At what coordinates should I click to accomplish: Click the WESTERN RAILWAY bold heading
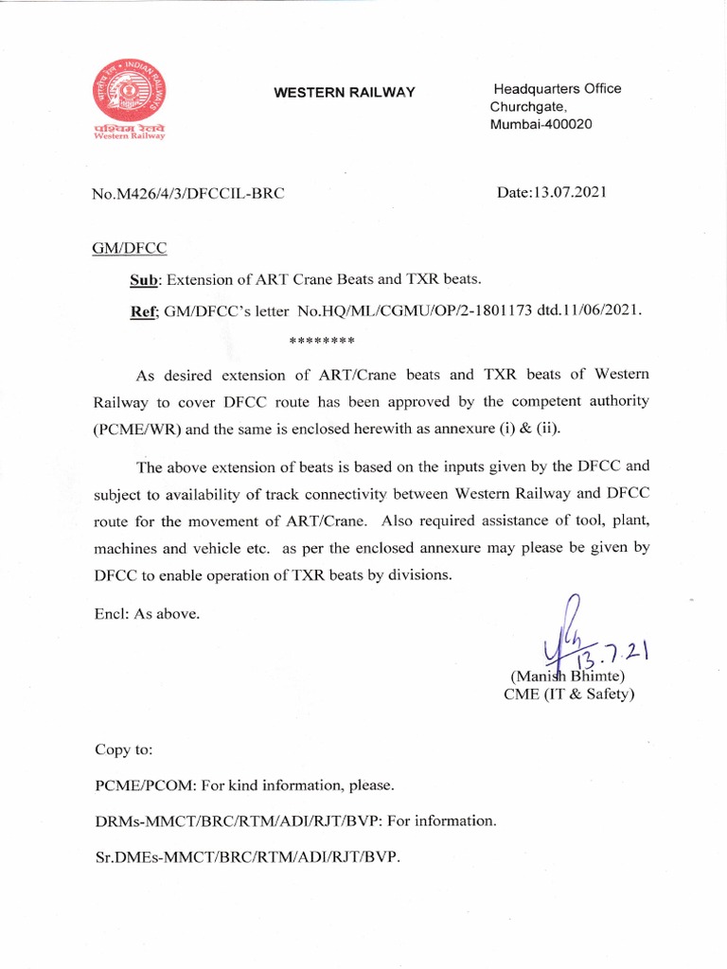coord(345,92)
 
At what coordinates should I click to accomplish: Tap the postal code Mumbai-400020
coord(541,125)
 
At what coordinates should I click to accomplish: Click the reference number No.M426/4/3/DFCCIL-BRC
coord(188,194)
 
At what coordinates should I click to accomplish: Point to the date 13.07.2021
coord(552,193)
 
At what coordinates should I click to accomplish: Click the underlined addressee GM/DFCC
coord(129,249)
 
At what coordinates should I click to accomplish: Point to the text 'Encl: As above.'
coord(147,614)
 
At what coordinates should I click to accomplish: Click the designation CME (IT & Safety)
coord(569,695)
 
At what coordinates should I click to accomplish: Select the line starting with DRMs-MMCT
coord(293,821)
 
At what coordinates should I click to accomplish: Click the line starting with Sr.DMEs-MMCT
coord(247,857)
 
